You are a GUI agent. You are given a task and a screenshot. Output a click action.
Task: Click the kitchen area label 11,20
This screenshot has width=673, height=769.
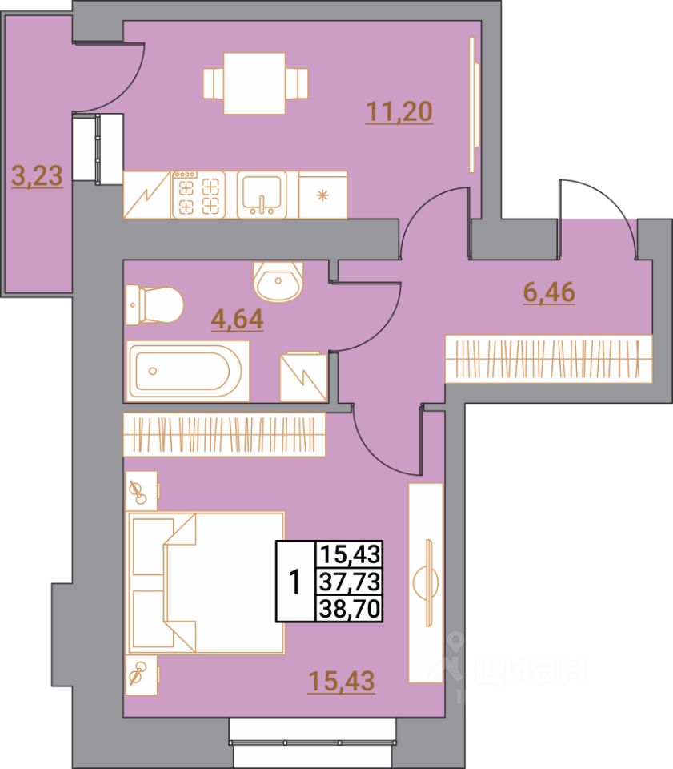(x=399, y=111)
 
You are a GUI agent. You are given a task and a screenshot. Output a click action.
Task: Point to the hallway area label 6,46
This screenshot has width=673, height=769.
(x=548, y=292)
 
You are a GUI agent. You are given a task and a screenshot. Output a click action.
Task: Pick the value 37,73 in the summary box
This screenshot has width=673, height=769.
(x=351, y=578)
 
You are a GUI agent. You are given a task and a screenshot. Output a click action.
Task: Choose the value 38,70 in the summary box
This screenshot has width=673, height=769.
(x=351, y=607)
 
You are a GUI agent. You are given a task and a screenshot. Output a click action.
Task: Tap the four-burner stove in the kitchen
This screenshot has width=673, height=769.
(x=199, y=195)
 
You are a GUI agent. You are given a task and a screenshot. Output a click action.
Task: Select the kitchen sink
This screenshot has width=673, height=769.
(x=261, y=195)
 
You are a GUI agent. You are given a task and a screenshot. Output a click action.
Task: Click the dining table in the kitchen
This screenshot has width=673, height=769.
(x=255, y=83)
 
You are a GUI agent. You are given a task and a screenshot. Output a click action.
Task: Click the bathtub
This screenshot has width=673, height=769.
(x=188, y=372)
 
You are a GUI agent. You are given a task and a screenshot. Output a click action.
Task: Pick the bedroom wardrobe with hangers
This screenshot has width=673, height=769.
(x=224, y=435)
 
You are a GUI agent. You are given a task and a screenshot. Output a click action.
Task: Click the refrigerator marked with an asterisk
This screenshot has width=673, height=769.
(x=322, y=195)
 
